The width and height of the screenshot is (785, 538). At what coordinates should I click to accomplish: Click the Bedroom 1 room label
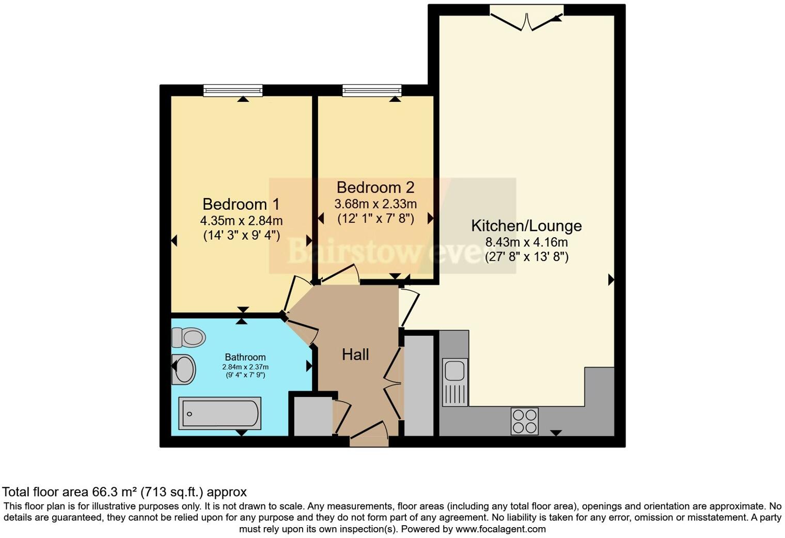pyautogui.click(x=241, y=204)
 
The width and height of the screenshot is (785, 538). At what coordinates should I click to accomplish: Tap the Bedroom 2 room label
pyautogui.click(x=375, y=187)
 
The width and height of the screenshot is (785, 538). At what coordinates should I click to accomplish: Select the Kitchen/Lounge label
pyautogui.click(x=526, y=226)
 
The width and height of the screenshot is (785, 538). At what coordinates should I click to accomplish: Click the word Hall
pyautogui.click(x=355, y=355)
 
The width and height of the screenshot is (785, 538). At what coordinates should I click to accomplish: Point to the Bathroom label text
pyautogui.click(x=245, y=357)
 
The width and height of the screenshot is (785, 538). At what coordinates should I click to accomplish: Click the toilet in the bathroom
pyautogui.click(x=189, y=337)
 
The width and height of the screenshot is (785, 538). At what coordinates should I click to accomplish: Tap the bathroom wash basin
pyautogui.click(x=184, y=368)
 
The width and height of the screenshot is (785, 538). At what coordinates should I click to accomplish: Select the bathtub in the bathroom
pyautogui.click(x=219, y=413)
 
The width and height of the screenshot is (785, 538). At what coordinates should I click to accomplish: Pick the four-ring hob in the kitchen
pyautogui.click(x=524, y=421)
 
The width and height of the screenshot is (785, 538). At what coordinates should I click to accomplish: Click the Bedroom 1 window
pyautogui.click(x=233, y=91)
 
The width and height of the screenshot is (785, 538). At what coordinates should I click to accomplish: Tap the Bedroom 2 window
pyautogui.click(x=372, y=91)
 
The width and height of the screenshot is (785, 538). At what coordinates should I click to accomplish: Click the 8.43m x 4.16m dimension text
pyautogui.click(x=526, y=242)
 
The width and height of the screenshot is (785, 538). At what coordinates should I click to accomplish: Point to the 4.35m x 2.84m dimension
pyautogui.click(x=241, y=221)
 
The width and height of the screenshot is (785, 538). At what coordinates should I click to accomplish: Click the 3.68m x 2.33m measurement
pyautogui.click(x=375, y=204)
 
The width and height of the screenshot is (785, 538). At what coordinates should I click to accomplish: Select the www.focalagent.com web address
pyautogui.click(x=500, y=529)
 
